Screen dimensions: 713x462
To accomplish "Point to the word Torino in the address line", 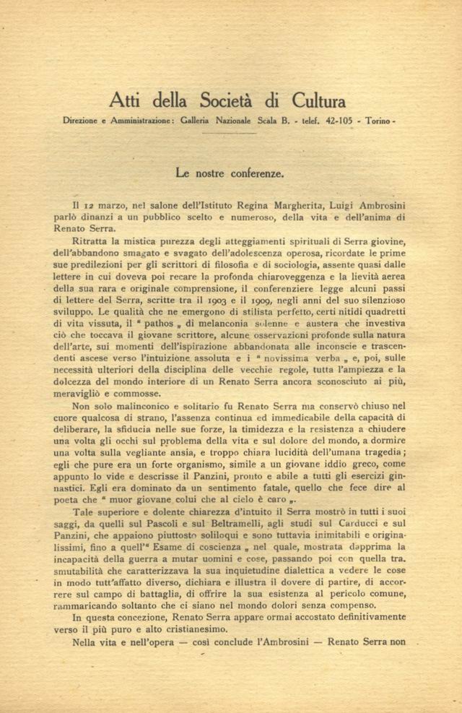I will click(x=379, y=121).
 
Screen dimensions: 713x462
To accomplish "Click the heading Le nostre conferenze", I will click(x=230, y=173).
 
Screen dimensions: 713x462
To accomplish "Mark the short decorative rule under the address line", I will click(x=230, y=133).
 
